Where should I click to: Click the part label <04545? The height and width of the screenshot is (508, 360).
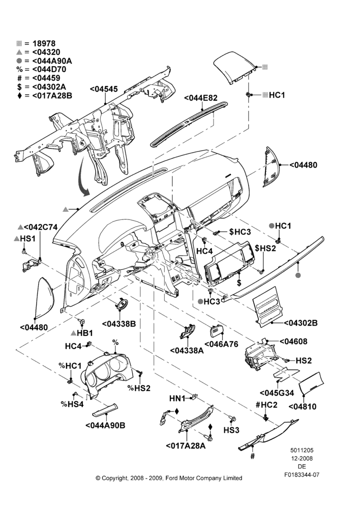point(104,89)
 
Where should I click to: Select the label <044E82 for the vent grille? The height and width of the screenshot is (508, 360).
point(201,98)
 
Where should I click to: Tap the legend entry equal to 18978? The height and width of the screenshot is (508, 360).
point(36,43)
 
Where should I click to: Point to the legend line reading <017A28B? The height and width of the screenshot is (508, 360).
point(44,96)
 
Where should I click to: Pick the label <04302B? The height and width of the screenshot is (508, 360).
point(301,323)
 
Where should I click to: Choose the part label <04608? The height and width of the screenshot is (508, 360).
point(293,341)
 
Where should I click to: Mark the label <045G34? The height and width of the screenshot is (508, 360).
point(277,393)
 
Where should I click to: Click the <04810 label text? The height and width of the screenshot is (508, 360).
point(302,406)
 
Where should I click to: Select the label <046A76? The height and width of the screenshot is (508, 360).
point(221,344)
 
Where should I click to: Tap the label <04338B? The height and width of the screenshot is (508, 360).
point(118,324)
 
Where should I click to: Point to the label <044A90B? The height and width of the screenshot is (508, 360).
point(105,425)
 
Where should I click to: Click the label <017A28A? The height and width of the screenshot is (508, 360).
point(186,446)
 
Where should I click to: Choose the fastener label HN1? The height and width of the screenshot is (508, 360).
point(177,398)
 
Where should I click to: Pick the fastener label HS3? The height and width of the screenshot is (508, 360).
point(231,430)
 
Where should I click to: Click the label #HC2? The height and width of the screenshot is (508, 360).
point(266,405)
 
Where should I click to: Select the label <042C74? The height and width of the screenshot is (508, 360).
point(38,227)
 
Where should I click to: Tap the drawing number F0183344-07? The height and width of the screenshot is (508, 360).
point(302,475)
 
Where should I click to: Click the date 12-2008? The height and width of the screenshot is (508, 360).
point(302,458)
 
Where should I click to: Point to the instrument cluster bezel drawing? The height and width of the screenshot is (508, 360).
point(107,372)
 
